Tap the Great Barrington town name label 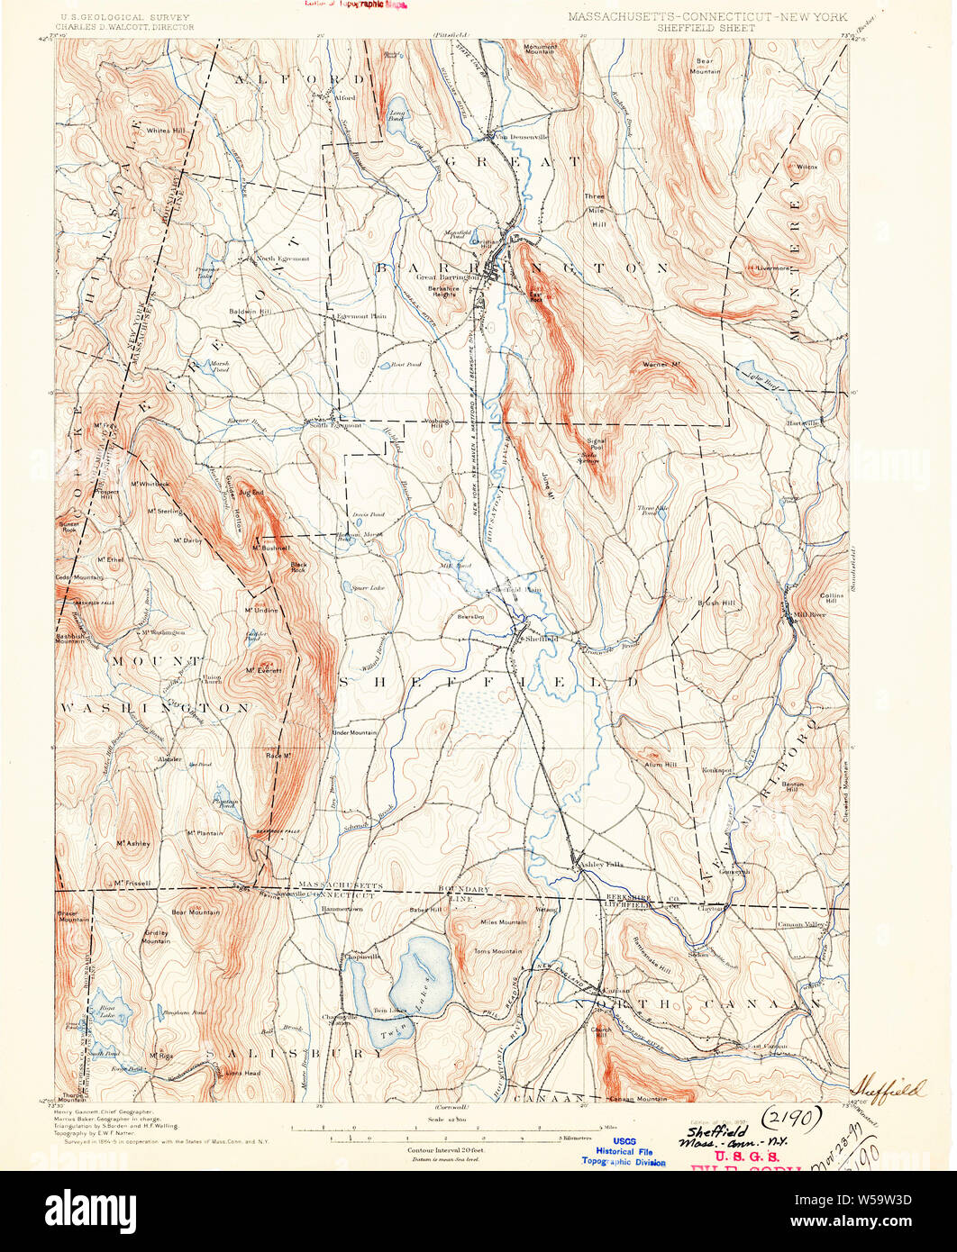pyautogui.click(x=447, y=277)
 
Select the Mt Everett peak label pyautogui.click(x=265, y=670)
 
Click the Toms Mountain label pyautogui.click(x=499, y=951)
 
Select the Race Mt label pyautogui.click(x=278, y=755)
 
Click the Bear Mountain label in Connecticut pyautogui.click(x=196, y=912)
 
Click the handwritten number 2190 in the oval pyautogui.click(x=791, y=1119)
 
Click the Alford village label pyautogui.click(x=344, y=97)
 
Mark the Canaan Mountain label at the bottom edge pyautogui.click(x=638, y=1098)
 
